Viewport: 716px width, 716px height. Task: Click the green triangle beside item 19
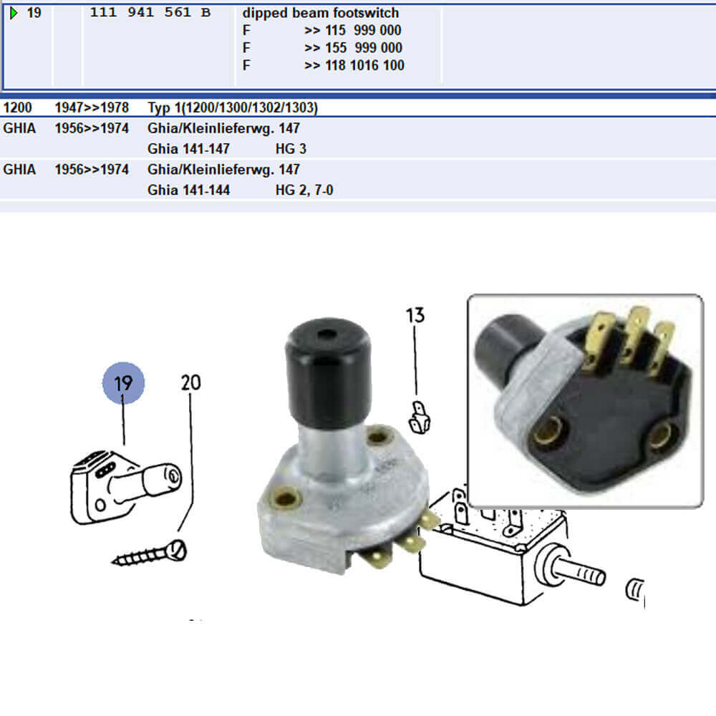click(14, 13)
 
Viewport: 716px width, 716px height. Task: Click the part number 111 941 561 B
click(150, 12)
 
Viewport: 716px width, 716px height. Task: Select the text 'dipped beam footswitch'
click(321, 13)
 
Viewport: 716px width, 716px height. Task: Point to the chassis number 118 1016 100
click(365, 65)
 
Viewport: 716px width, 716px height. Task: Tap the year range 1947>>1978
click(92, 108)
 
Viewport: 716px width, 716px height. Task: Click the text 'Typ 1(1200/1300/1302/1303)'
click(233, 108)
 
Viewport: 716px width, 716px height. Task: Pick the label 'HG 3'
click(291, 149)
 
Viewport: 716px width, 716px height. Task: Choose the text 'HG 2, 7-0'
click(304, 190)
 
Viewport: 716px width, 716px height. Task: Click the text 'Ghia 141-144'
click(188, 190)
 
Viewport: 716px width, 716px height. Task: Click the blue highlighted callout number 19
click(123, 383)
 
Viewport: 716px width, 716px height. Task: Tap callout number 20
click(191, 382)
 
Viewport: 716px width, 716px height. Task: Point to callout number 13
click(415, 316)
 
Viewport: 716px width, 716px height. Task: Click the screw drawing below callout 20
click(150, 554)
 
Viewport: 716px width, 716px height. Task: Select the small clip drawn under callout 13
click(419, 417)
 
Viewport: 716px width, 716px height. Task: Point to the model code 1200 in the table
click(17, 108)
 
